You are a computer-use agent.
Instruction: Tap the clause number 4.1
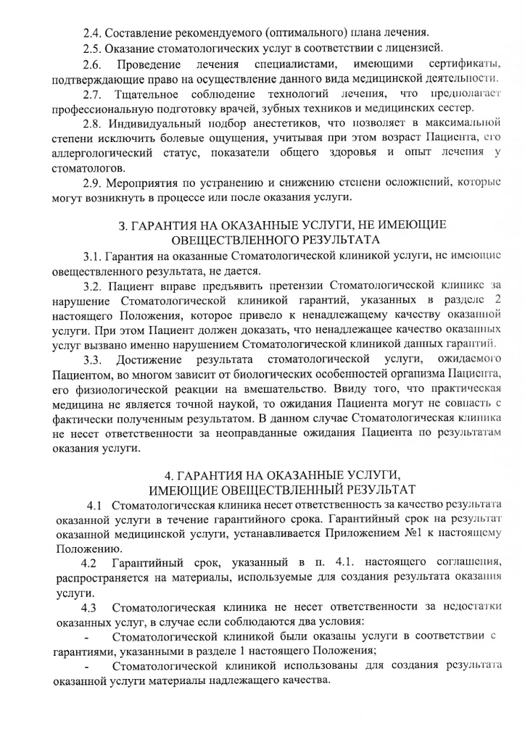point(98,504)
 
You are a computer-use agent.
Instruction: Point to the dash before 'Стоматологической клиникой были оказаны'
point(87,638)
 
